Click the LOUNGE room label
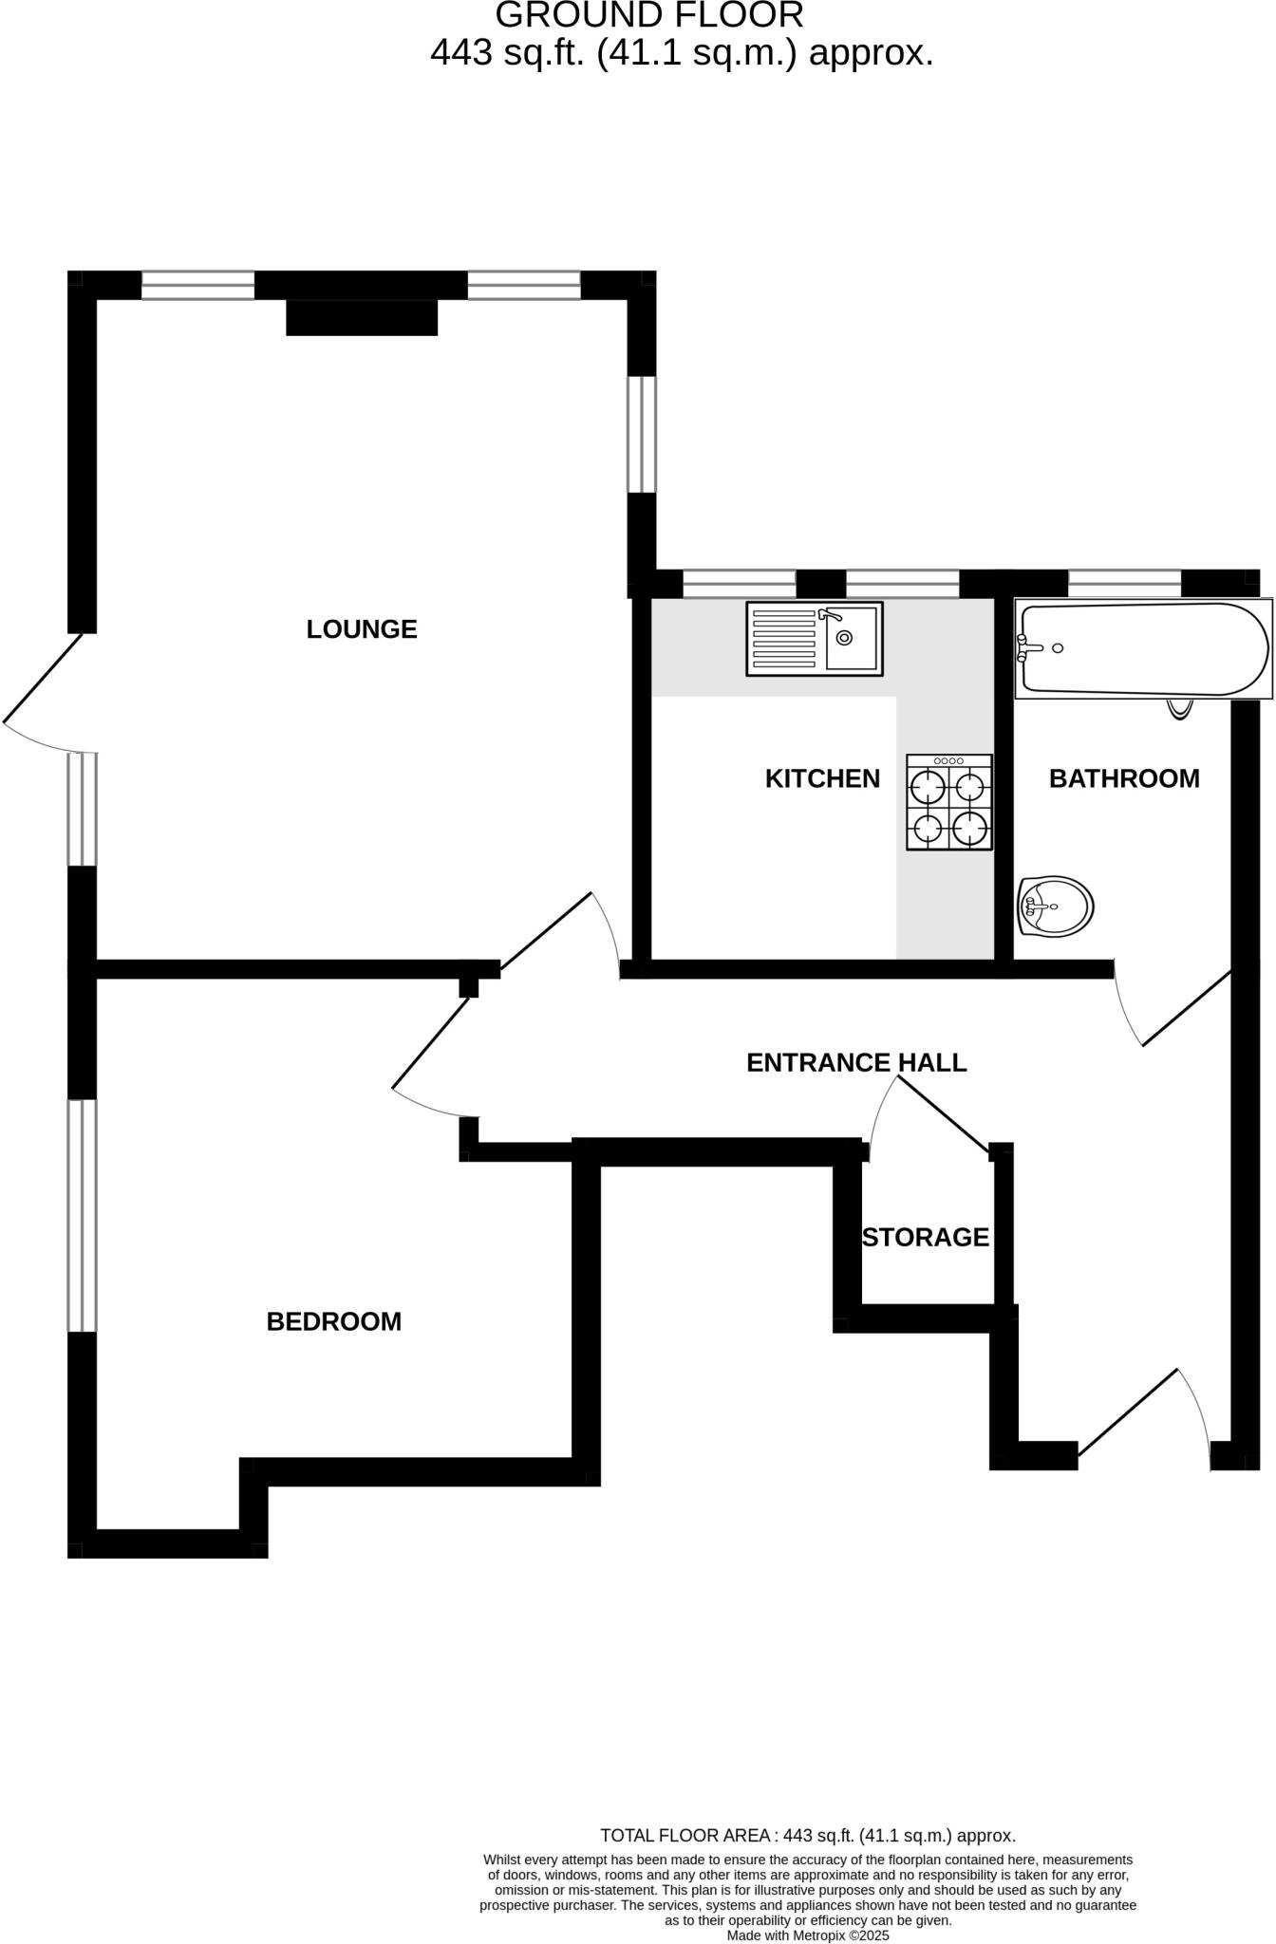tap(362, 629)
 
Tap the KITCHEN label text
tap(822, 779)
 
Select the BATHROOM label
tap(1124, 779)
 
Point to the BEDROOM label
tap(333, 1321)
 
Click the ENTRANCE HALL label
tap(856, 1063)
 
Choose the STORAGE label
tap(926, 1238)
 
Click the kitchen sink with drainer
tap(815, 639)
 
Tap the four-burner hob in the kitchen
tap(949, 802)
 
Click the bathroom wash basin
tap(1057, 907)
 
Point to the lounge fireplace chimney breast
tap(362, 318)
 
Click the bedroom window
tap(83, 1215)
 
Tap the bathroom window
tap(1124, 583)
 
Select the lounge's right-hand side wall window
tap(643, 435)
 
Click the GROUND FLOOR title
tap(649, 15)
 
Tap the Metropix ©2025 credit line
tap(808, 1935)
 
